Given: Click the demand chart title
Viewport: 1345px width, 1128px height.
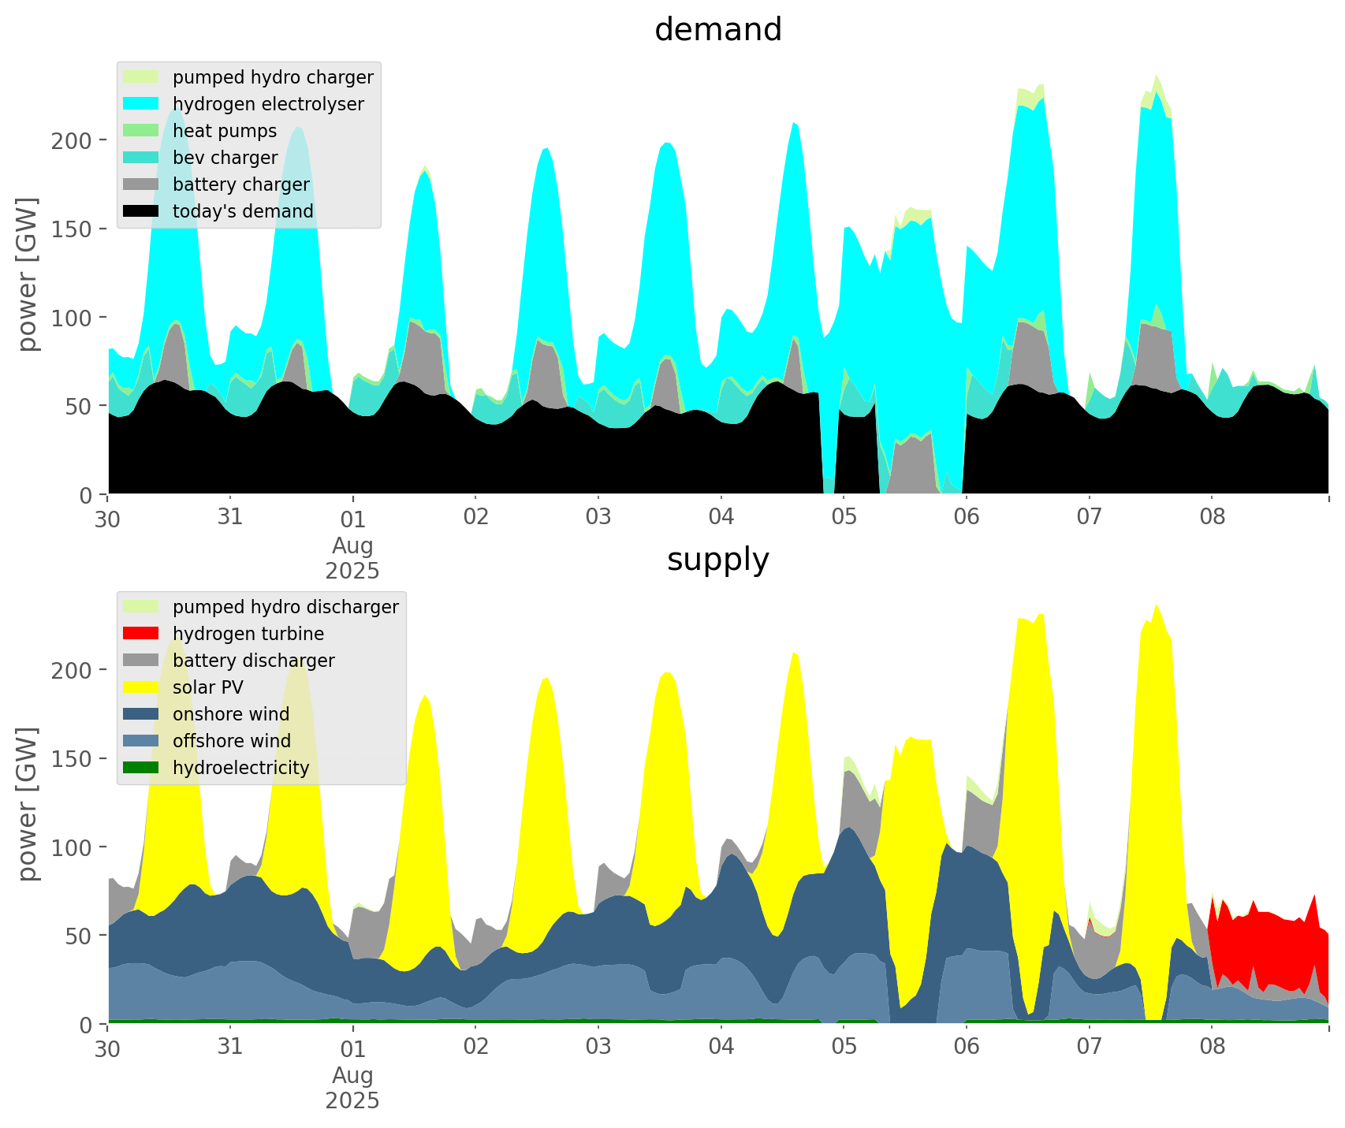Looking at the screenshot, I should [x=717, y=30].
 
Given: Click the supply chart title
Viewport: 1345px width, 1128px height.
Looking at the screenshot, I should [x=717, y=560].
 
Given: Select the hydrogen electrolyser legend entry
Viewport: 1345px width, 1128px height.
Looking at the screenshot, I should [x=268, y=104].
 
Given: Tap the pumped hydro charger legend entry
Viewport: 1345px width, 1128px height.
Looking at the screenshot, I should [x=273, y=77].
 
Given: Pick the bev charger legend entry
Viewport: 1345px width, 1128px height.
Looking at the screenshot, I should [x=225, y=158].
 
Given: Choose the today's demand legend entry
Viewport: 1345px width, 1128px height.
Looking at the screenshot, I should [x=243, y=211].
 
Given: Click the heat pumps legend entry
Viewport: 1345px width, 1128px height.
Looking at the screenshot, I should [x=225, y=131].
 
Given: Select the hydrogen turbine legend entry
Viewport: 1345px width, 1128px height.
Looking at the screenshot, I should [x=248, y=634].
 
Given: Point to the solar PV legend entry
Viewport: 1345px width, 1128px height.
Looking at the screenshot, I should [x=208, y=687].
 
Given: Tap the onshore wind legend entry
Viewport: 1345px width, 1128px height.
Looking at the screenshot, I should [x=231, y=714].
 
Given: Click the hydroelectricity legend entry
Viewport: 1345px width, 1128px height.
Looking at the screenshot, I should [x=240, y=768].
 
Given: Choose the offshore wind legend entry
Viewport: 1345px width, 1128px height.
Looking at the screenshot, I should [x=232, y=741].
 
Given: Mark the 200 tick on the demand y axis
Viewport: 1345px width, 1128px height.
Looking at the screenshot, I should [x=79, y=140].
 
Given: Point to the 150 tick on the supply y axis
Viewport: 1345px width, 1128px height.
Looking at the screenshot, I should [x=79, y=758].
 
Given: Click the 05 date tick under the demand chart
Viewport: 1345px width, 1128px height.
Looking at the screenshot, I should [x=844, y=517].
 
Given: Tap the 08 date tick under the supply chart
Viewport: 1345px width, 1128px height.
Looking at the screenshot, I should [x=1212, y=1047].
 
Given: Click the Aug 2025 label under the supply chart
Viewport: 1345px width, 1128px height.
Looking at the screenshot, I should [x=352, y=1088].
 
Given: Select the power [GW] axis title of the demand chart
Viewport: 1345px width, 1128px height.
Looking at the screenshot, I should [x=28, y=274].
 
